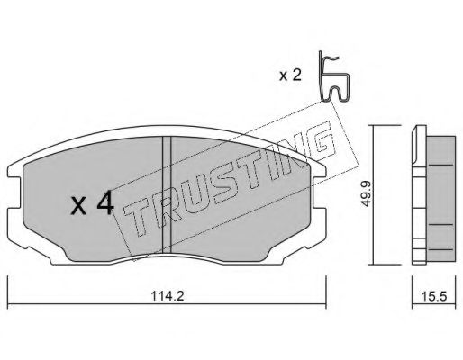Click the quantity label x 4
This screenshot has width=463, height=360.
click(x=92, y=206)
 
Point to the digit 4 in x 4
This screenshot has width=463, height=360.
click(x=104, y=206)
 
